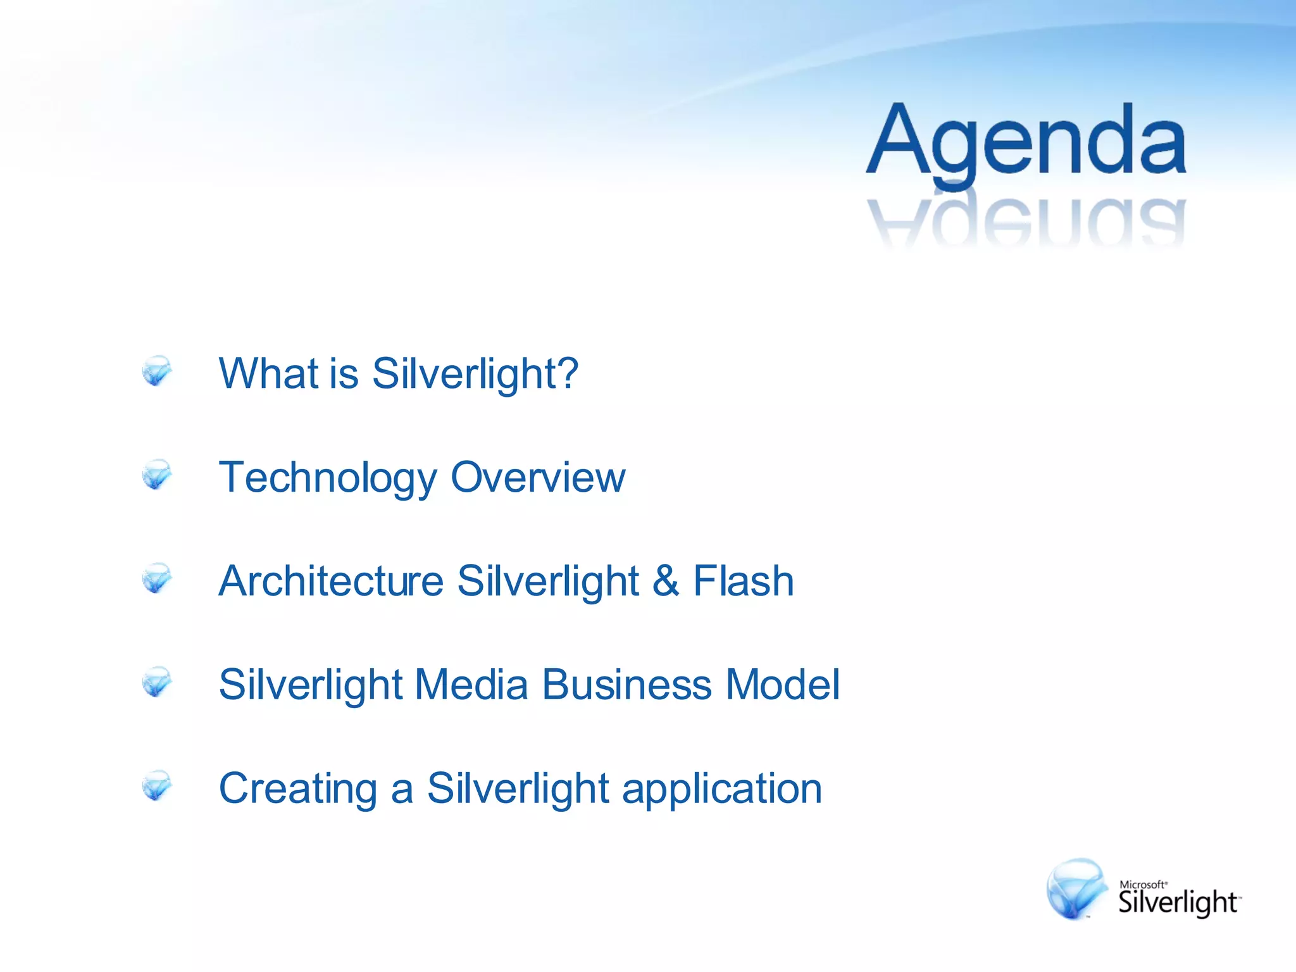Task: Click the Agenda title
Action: [1025, 142]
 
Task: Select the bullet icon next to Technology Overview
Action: [156, 475]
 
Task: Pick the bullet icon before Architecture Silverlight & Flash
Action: [156, 579]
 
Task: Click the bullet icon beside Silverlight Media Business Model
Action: [156, 683]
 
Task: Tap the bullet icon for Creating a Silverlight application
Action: [156, 787]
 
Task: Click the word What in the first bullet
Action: [268, 373]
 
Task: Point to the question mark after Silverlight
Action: [565, 373]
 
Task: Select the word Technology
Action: [327, 478]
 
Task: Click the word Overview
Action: [538, 477]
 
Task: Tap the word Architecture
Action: [331, 581]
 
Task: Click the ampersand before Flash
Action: [666, 581]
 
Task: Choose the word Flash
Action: [744, 581]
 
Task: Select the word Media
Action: [471, 685]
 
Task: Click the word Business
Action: [626, 685]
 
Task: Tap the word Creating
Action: [298, 790]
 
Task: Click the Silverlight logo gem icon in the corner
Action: [1076, 888]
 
